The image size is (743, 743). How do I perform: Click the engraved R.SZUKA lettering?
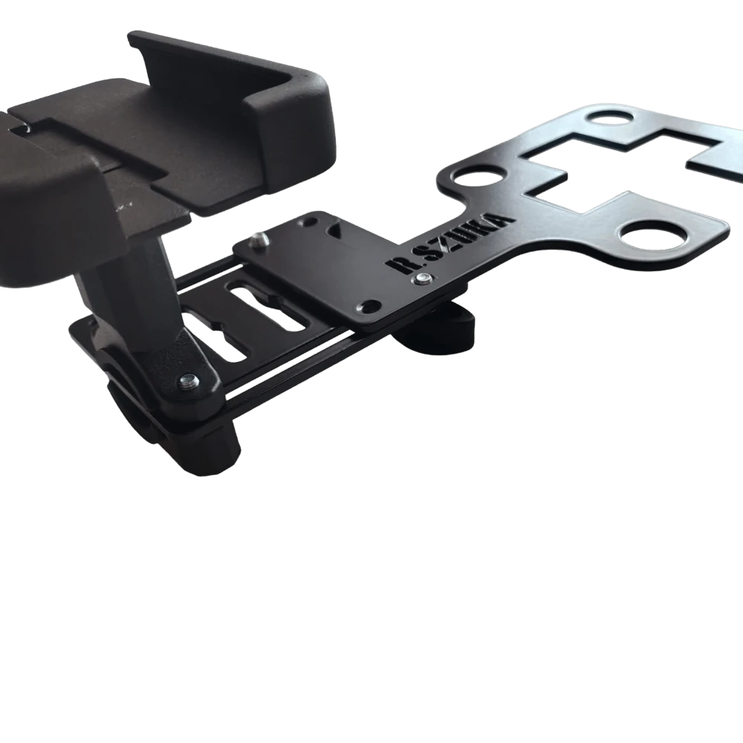[450, 244]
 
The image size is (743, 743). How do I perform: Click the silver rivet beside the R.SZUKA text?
[422, 279]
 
